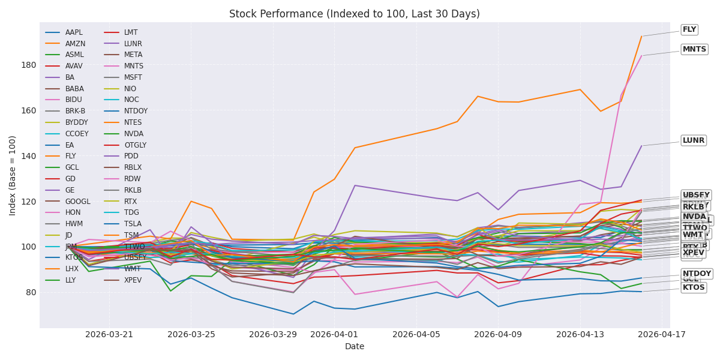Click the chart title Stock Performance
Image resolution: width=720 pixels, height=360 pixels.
tap(355, 14)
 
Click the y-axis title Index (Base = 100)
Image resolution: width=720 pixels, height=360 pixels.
tap(13, 175)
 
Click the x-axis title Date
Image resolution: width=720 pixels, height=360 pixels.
tap(355, 346)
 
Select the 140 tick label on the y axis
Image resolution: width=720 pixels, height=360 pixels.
tap(28, 156)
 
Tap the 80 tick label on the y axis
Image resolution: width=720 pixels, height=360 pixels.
tap(30, 292)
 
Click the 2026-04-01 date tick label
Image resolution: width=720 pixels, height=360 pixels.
tap(334, 334)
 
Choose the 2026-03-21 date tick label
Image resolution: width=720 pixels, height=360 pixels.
tap(109, 334)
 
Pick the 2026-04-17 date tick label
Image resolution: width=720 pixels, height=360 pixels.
tap(661, 334)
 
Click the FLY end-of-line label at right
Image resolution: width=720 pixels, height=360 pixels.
tap(689, 29)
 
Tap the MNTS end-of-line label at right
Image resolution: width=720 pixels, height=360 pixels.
tap(694, 49)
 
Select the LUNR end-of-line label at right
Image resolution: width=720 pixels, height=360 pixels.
tap(694, 140)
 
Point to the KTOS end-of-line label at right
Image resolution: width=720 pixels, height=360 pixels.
tap(694, 287)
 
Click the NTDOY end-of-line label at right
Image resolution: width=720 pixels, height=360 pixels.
tap(697, 274)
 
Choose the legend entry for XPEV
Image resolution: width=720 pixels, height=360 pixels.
tap(133, 280)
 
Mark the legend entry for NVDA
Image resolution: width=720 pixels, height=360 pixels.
tap(133, 134)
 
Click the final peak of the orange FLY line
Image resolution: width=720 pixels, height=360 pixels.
tap(641, 36)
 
